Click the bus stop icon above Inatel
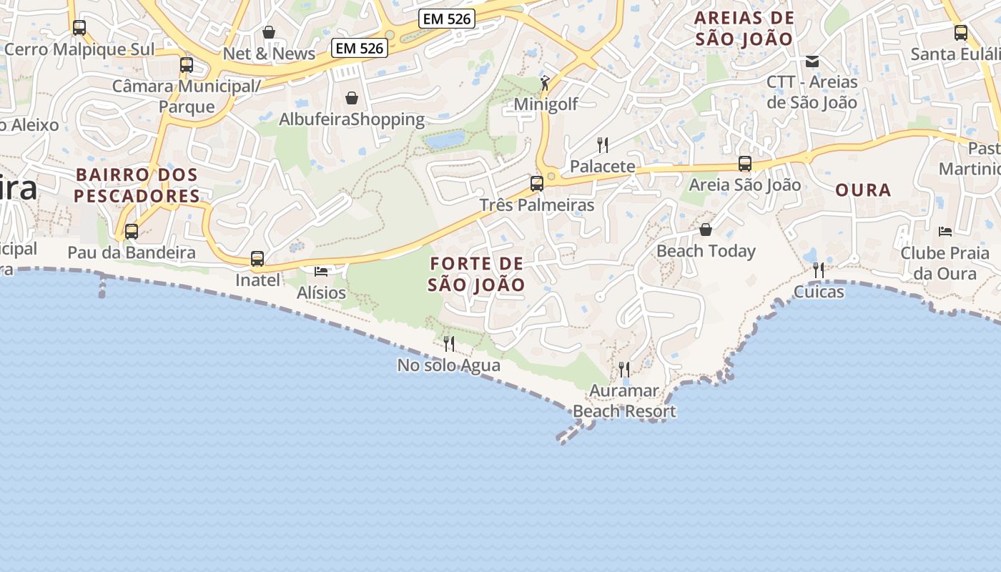(257, 259)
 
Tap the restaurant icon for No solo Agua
(449, 344)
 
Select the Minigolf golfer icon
(546, 83)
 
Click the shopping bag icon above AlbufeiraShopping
(352, 97)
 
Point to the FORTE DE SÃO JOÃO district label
(476, 275)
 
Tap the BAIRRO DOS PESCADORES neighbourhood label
(137, 185)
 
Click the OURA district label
(863, 190)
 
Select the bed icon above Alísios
(321, 272)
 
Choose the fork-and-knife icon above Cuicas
(819, 270)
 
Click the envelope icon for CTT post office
(812, 61)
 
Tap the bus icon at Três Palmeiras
(537, 184)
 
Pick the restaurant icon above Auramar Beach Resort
(624, 370)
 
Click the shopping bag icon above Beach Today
(706, 230)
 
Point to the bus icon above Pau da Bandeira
(132, 232)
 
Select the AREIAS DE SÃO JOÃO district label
(745, 29)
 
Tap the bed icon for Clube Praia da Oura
(945, 232)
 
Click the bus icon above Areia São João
(745, 164)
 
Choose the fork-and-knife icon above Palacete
(603, 145)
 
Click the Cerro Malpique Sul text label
(79, 49)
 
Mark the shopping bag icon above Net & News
(269, 32)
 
